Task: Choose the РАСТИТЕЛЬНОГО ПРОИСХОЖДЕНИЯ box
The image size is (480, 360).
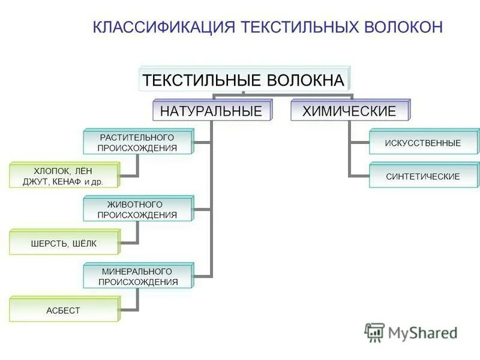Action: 137,143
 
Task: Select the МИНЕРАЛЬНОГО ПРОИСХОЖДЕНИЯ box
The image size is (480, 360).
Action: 137,277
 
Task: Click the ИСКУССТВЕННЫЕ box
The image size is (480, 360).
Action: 423,143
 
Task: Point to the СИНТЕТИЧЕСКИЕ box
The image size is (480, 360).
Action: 423,176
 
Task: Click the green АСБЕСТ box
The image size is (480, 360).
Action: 63,310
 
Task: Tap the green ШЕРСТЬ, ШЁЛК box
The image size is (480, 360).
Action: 63,243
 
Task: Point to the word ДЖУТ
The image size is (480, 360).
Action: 35,182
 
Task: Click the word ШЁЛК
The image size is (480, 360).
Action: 83,244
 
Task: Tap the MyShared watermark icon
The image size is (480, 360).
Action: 374,332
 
